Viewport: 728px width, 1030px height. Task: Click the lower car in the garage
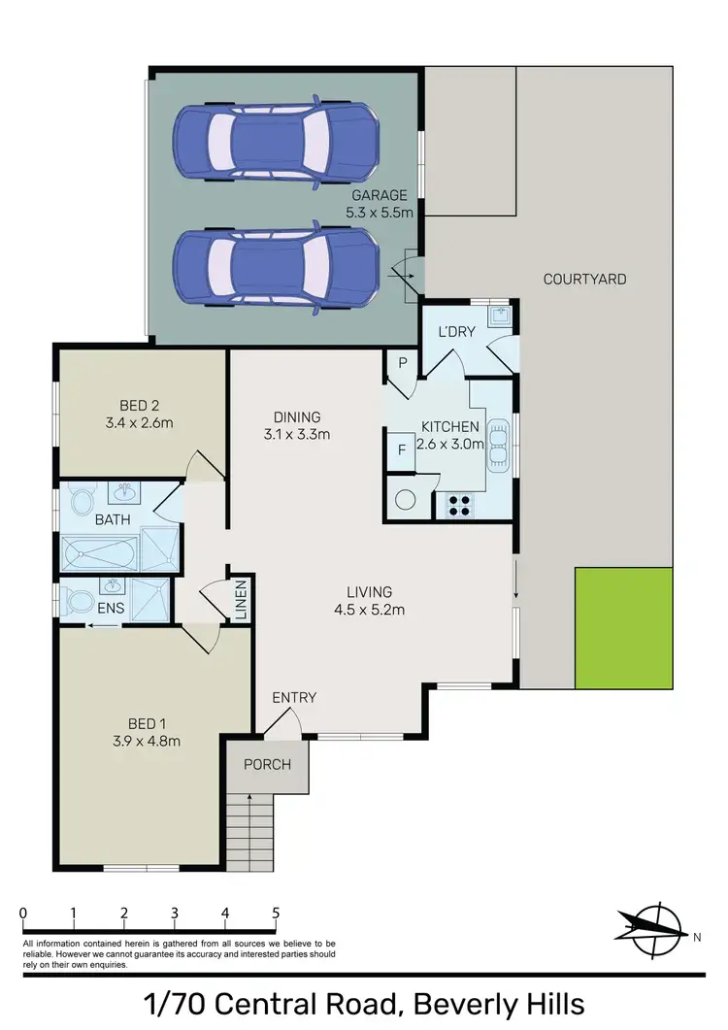pyautogui.click(x=275, y=270)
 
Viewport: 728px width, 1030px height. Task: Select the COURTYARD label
pyautogui.click(x=584, y=279)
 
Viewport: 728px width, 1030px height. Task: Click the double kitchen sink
pyautogui.click(x=497, y=444)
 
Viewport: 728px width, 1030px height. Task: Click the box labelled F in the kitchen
pyautogui.click(x=401, y=449)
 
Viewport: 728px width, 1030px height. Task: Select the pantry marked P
pyautogui.click(x=400, y=364)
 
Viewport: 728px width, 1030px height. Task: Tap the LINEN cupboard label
pyautogui.click(x=241, y=599)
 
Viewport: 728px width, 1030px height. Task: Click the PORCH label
pyautogui.click(x=267, y=764)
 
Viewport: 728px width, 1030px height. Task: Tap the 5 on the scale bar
pyautogui.click(x=276, y=913)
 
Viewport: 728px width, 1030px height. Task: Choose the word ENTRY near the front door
pyautogui.click(x=294, y=697)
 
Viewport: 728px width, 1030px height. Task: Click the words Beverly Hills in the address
pyautogui.click(x=500, y=1003)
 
